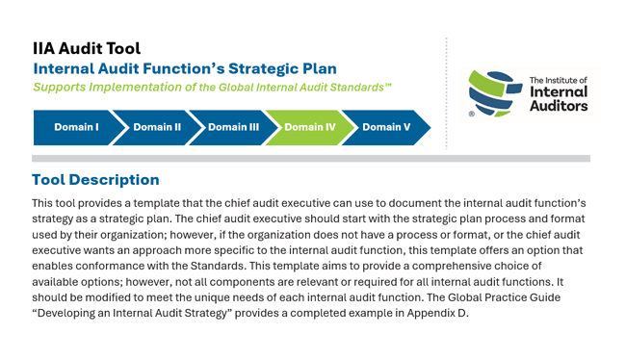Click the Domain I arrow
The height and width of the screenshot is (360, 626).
(x=75, y=127)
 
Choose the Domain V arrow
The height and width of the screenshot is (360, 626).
(x=385, y=127)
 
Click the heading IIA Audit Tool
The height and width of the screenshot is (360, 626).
(x=87, y=48)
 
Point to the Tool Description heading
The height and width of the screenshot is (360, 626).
(x=95, y=180)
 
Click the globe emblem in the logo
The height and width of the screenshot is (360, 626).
(x=495, y=92)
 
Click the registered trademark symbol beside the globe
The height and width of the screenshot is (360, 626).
(x=471, y=114)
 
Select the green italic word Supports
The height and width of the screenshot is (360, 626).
(x=62, y=87)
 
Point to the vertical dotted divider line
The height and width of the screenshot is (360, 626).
(x=446, y=91)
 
